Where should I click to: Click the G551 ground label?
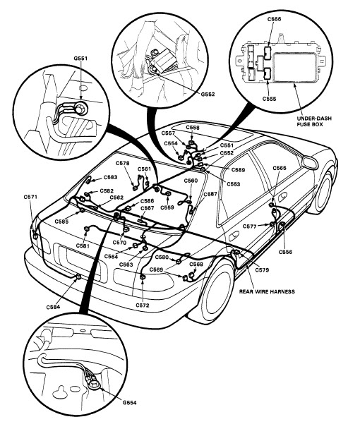pos(80,59)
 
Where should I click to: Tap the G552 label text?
pos(208,95)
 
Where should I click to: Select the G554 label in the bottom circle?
pos(130,402)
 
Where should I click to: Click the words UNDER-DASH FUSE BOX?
pos(314,121)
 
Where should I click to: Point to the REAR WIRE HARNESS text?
pos(267,291)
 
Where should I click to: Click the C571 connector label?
pos(30,197)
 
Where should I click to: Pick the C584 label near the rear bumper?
pos(53,307)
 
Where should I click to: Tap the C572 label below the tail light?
pos(143,305)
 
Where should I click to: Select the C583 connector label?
pos(110,177)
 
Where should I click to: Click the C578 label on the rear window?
pos(122,163)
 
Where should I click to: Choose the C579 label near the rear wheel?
pos(262,270)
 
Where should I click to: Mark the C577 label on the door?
pos(250,226)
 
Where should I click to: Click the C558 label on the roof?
pos(193,128)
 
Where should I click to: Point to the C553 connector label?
pos(233,184)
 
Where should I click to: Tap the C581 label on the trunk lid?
pos(83,246)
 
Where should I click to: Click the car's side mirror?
pos(310,162)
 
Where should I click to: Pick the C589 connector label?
pos(238,170)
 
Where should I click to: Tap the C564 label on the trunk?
pos(112,257)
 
